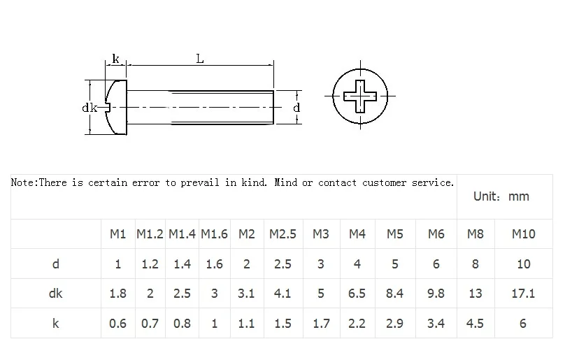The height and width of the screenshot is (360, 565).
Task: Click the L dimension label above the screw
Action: click(x=199, y=59)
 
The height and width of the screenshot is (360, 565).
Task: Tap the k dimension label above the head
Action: click(x=115, y=59)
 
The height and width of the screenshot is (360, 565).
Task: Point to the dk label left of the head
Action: click(x=90, y=108)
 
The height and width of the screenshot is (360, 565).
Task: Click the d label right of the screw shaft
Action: click(x=296, y=108)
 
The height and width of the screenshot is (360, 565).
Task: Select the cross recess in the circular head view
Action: click(x=360, y=96)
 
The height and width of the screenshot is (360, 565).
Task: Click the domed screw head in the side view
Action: click(x=116, y=108)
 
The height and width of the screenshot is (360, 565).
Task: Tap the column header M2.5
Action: click(x=282, y=234)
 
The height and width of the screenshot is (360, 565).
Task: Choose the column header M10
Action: click(x=524, y=234)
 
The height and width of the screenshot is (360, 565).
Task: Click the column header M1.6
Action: click(x=214, y=234)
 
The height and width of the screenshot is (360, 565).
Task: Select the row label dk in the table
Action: click(x=55, y=294)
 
